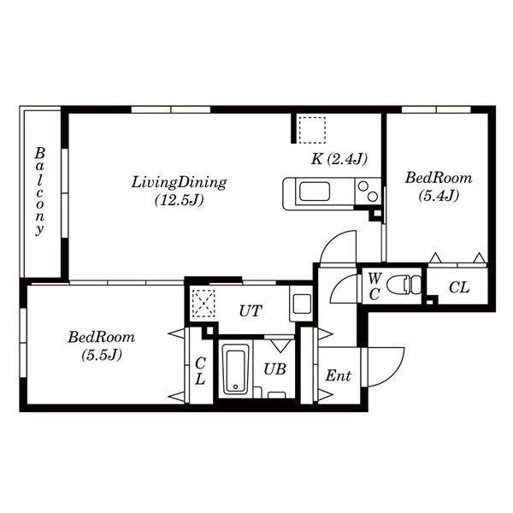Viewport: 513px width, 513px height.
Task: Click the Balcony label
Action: coord(39,192)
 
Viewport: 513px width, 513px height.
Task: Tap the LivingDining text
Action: coord(179,183)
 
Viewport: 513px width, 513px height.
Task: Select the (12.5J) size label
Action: coord(180,199)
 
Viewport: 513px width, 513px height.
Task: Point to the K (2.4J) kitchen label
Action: coord(339,159)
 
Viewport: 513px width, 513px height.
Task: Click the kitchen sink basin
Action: coord(315,192)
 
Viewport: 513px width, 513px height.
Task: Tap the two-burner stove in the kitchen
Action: coord(368,192)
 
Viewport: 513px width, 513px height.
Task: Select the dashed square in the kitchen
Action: coord(311,130)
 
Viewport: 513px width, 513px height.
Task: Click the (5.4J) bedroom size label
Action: coord(439,196)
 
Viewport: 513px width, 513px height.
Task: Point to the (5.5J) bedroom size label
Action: coord(102,355)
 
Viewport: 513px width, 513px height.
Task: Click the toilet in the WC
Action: coord(404,285)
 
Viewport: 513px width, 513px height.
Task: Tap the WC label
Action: coord(374,286)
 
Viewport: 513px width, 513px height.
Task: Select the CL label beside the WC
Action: coord(459,287)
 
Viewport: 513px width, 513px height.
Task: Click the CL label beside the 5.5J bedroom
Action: coord(200,371)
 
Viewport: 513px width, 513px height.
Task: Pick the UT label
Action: coord(251,311)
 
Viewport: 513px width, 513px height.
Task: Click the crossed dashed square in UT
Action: coord(203,304)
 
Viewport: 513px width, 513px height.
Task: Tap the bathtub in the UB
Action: coord(236,369)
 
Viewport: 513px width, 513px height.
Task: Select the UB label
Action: coord(274,369)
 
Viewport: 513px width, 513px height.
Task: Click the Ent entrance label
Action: coord(339,375)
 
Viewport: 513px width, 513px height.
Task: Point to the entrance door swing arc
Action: coord(394,374)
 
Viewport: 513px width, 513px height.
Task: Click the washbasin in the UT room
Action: coord(302,304)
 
